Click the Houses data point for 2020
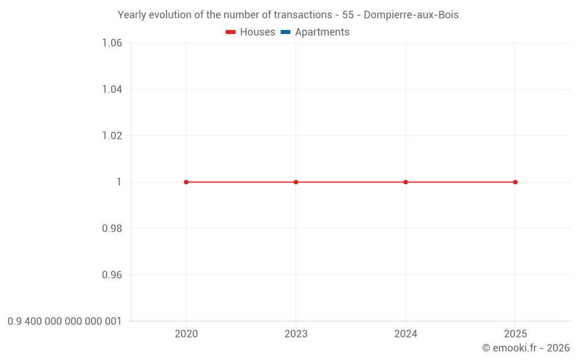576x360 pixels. [186, 182]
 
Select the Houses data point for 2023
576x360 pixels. [296, 182]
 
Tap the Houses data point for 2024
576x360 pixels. [406, 182]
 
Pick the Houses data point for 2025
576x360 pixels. [515, 182]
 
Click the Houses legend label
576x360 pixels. [257, 32]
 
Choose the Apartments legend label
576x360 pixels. [322, 32]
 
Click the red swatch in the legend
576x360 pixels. [231, 32]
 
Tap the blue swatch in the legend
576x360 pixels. [286, 32]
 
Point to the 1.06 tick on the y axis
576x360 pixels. [112, 43]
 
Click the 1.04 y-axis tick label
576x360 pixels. [112, 89]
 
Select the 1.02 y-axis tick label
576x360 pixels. [112, 136]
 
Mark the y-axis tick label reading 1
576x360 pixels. [119, 182]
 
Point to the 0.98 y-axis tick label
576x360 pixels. [112, 229]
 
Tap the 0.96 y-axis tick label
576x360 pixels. [112, 275]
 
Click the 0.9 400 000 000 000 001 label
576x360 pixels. [65, 321]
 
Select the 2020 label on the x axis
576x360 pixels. [186, 334]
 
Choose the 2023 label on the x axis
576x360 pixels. [296, 334]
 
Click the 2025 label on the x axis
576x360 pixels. [515, 334]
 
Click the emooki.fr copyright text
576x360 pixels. [526, 348]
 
